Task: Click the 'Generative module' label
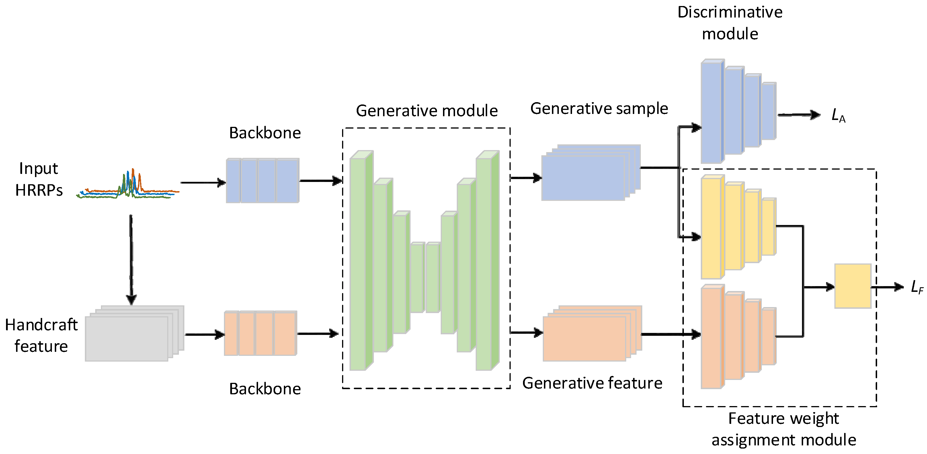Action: [x=426, y=110]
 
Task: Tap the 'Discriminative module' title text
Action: [x=730, y=23]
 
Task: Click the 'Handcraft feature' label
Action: [x=41, y=335]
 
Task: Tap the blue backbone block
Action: [x=262, y=181]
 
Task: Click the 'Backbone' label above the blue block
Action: [x=265, y=133]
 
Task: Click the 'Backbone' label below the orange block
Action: [x=265, y=389]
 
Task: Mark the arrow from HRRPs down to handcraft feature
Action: [x=131, y=259]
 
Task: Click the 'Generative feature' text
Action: [x=592, y=383]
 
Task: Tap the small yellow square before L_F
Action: [x=852, y=286]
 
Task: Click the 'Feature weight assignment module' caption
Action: [x=783, y=429]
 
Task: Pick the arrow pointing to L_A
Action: [x=799, y=115]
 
